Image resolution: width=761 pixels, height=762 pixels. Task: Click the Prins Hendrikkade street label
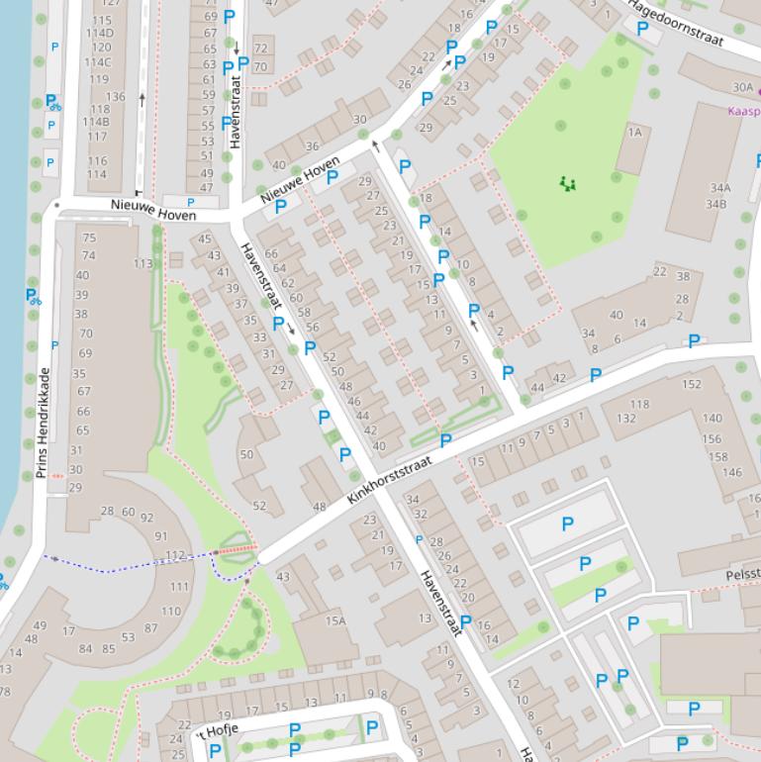click(x=43, y=423)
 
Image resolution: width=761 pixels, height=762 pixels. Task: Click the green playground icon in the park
click(x=567, y=183)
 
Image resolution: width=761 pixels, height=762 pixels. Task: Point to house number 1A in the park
click(x=634, y=132)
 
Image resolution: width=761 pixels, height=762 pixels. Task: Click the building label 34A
click(x=718, y=188)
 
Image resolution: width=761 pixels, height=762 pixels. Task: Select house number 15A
click(x=335, y=620)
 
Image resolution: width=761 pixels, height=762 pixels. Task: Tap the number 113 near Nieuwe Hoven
click(x=143, y=263)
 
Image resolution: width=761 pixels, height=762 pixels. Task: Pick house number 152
click(x=691, y=384)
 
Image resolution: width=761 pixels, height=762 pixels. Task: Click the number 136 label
click(x=115, y=97)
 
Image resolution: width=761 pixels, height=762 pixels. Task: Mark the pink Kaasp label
click(x=743, y=111)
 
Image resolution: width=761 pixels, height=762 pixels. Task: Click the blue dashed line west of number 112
click(x=129, y=566)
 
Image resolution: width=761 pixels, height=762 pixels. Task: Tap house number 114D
click(x=99, y=34)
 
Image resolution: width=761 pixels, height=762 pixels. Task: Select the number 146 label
click(x=731, y=472)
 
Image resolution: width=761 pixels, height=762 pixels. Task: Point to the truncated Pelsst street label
click(x=742, y=574)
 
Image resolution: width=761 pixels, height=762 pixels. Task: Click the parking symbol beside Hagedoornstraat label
click(x=642, y=29)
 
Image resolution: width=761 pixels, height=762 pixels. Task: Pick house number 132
click(x=625, y=418)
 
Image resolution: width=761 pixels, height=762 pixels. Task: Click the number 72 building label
click(x=260, y=48)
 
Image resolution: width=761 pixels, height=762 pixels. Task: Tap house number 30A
click(x=742, y=88)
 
